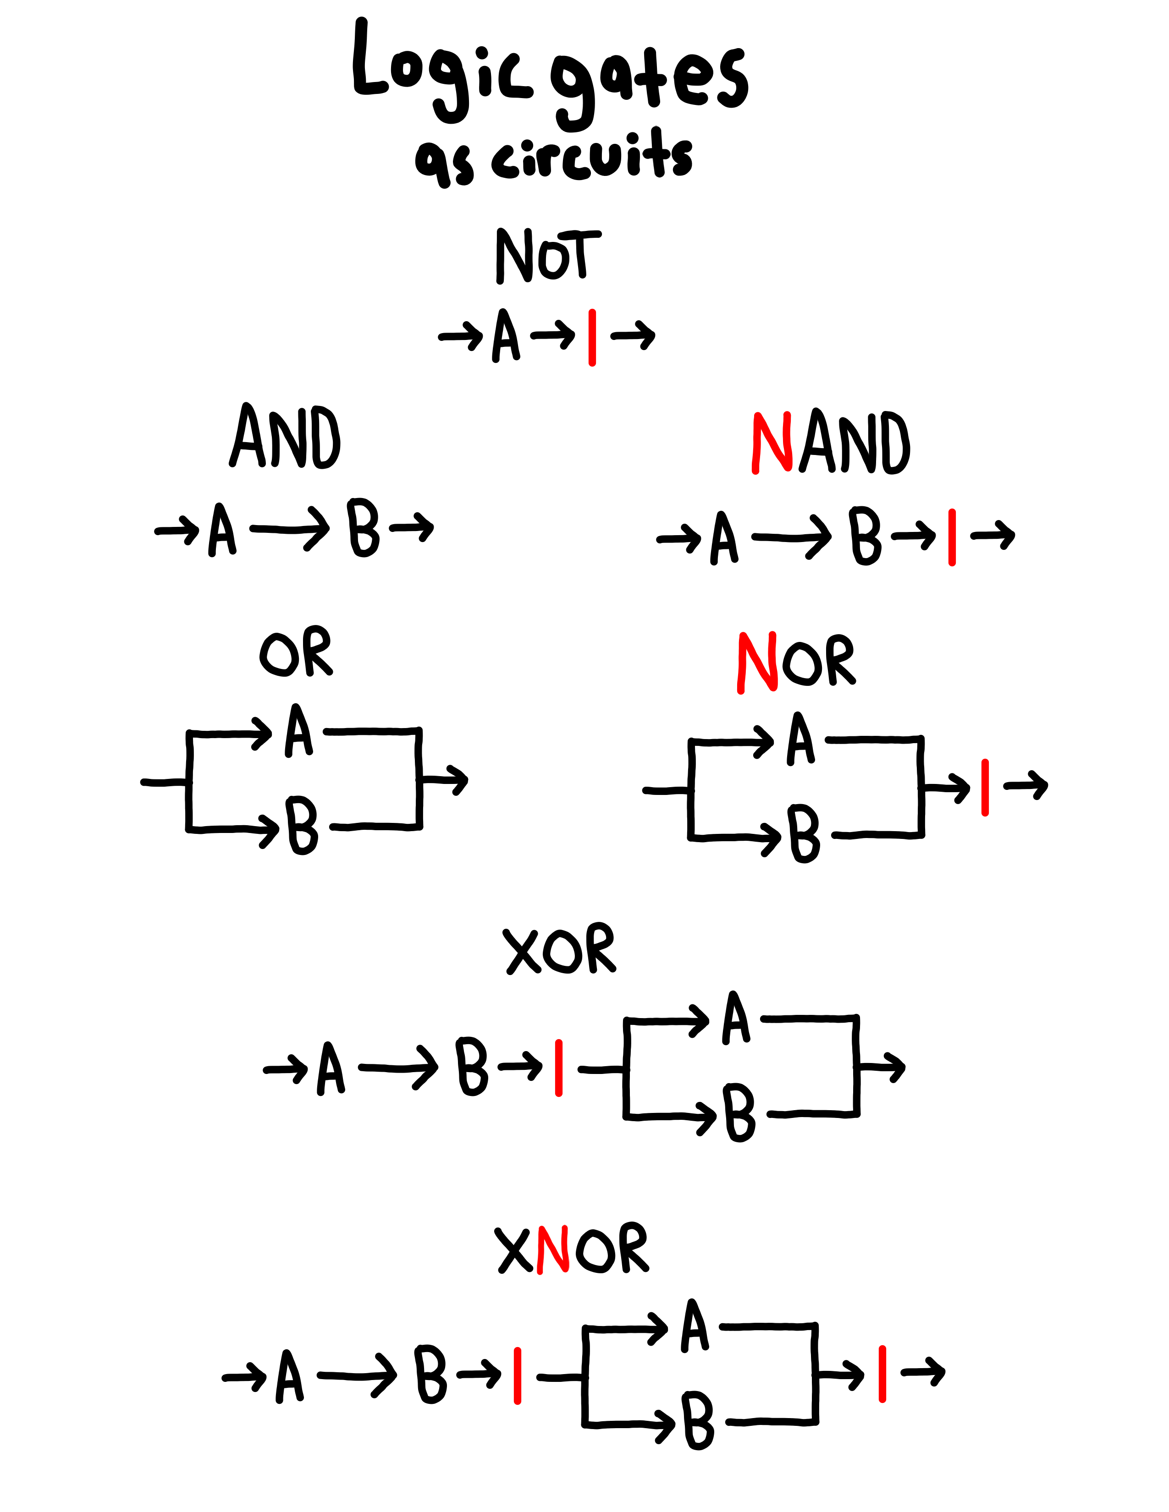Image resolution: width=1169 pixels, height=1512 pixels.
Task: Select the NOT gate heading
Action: coord(547,255)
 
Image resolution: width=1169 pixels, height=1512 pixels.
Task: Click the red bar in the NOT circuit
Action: coord(592,338)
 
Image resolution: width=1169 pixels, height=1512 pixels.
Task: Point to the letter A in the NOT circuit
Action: coord(506,336)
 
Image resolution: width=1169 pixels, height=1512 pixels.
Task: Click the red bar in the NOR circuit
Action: coord(985,787)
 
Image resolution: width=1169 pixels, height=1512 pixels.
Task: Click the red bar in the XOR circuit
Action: coord(559,1068)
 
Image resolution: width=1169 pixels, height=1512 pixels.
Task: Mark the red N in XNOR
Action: coord(553,1249)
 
